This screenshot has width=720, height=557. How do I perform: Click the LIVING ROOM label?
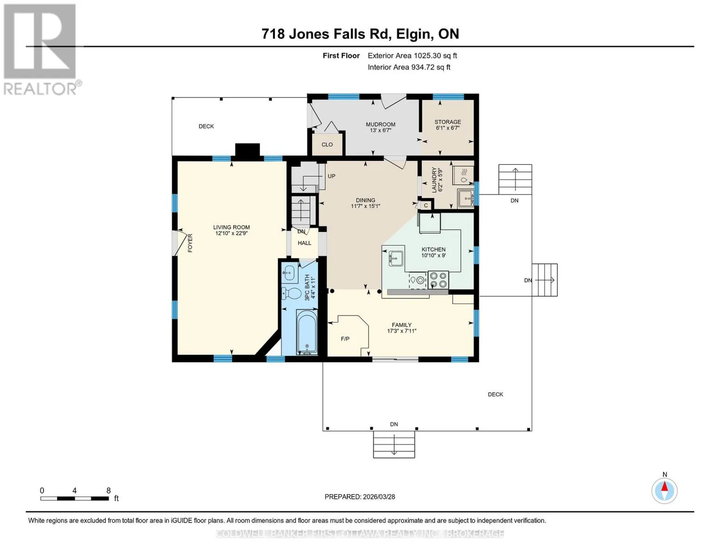pos(231,227)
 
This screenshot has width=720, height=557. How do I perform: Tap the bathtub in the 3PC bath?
pos(307,332)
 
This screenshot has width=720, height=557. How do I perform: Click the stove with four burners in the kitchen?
pos(438,280)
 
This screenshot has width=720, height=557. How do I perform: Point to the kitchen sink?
pos(395,258)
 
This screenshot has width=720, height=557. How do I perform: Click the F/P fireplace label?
pos(345,339)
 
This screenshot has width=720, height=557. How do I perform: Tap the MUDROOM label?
pos(380,124)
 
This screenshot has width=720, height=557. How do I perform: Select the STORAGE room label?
pos(448,122)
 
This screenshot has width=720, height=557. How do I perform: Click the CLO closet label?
pos(327,145)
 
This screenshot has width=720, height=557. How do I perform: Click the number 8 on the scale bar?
pos(108,490)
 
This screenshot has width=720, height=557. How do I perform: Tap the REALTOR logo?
pos(41,50)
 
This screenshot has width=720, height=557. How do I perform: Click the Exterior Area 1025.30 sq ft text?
pos(412,56)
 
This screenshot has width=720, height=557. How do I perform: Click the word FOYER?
pos(190,243)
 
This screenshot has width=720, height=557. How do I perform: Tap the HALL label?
pos(304,243)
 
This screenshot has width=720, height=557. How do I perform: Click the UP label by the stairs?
pos(331,176)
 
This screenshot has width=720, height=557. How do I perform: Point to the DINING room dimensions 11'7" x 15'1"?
pos(365,206)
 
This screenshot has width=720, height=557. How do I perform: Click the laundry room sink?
pos(466,198)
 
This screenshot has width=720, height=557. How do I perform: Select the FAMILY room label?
pos(401,325)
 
